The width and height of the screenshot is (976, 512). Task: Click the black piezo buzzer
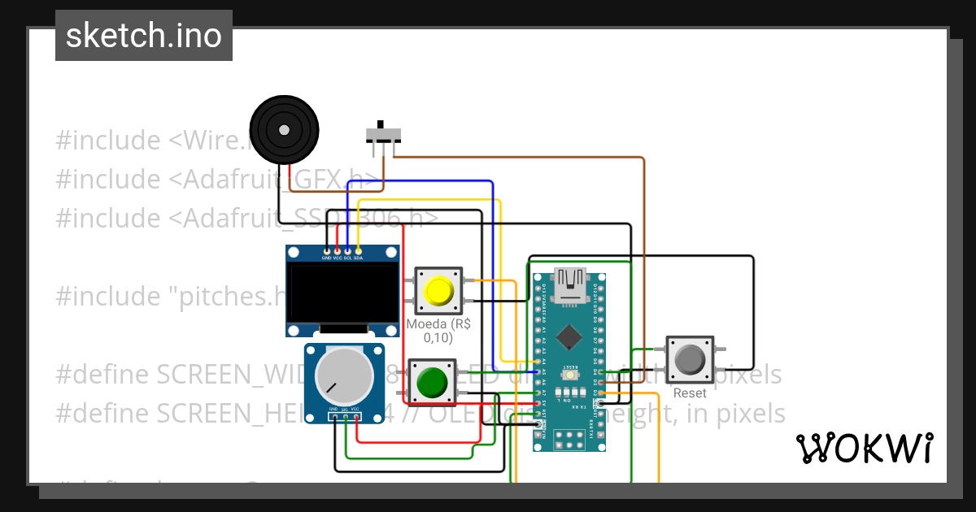pos(283,130)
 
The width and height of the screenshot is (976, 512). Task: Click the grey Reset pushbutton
pos(690,360)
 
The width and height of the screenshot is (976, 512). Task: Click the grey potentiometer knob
pos(339,375)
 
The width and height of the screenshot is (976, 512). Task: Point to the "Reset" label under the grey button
pos(690,393)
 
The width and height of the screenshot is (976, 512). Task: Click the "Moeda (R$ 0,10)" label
pos(438,331)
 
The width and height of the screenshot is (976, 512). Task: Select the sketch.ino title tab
pos(144,36)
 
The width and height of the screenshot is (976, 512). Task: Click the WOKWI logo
pos(864,448)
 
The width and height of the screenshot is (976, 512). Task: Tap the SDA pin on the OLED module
pos(358,251)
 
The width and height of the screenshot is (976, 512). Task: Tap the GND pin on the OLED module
pos(327,251)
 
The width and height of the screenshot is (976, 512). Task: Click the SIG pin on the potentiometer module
pos(345,418)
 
